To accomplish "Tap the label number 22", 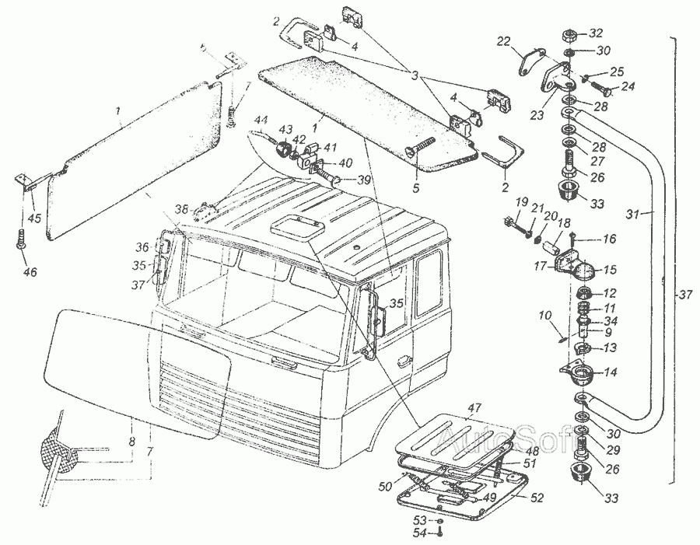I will (x=503, y=40).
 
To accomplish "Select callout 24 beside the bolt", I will (x=628, y=86).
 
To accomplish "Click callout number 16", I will (x=609, y=239).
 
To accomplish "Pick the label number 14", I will (x=611, y=372).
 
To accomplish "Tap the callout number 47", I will (x=475, y=407).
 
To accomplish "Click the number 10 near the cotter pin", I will (x=544, y=317).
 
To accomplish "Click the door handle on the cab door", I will (x=402, y=360).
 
